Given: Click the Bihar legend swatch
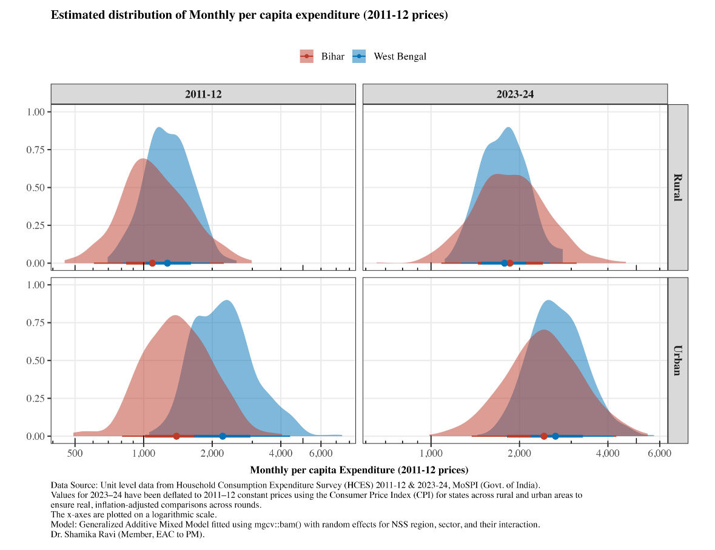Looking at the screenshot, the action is (x=306, y=56).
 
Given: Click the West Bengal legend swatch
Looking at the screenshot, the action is (x=360, y=56).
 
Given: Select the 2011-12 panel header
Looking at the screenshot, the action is (x=203, y=94).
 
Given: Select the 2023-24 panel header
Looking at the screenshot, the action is (x=515, y=94).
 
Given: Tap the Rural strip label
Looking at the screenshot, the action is (x=678, y=187).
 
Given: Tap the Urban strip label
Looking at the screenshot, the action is (x=678, y=360).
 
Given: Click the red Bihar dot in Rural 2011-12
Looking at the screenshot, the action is (x=152, y=263).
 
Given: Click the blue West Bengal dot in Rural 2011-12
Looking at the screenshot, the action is (x=167, y=263).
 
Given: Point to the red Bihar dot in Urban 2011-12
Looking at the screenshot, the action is (x=176, y=436).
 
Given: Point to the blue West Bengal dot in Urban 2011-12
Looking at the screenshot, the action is (x=223, y=436).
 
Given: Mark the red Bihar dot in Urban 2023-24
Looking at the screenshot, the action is (x=543, y=436).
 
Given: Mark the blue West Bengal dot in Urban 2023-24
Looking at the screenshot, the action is (x=556, y=436).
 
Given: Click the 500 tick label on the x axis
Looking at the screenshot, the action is (x=75, y=453).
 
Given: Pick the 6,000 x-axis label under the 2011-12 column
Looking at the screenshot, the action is (x=321, y=453).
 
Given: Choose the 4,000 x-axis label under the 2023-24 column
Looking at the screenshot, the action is (x=608, y=453).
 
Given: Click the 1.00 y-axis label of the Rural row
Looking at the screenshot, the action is (x=36, y=112).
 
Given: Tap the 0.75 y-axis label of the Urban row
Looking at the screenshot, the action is (x=36, y=323).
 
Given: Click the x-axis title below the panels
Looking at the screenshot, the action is (x=360, y=470).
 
